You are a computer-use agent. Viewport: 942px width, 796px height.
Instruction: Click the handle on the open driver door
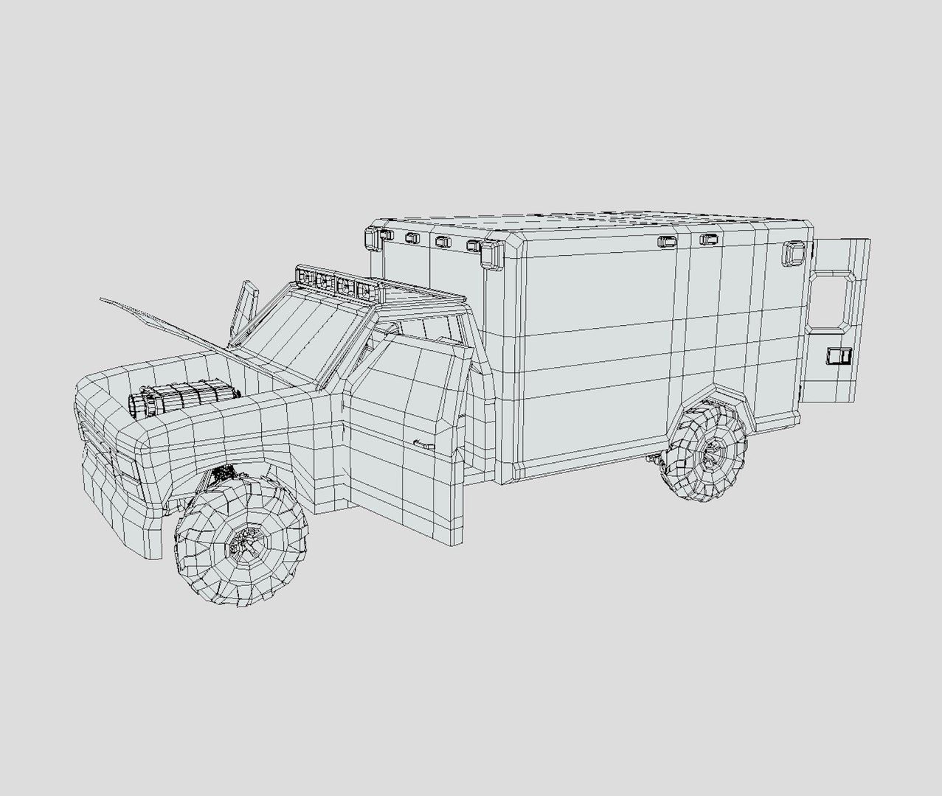pos(423,443)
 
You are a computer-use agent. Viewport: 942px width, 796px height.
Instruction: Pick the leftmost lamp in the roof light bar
pos(304,278)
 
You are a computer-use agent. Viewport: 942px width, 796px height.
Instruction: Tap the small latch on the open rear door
pos(837,356)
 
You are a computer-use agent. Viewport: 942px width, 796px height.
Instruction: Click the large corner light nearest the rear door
pos(794,252)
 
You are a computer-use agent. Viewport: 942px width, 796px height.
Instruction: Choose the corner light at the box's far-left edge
pos(370,237)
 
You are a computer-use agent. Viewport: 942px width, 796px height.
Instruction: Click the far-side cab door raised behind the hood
pos(243,310)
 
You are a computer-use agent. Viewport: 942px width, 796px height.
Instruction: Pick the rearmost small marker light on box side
pos(708,240)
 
